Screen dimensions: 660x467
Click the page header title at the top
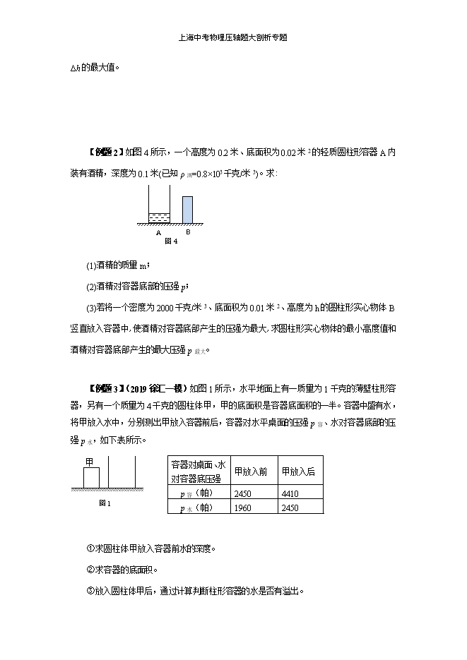(x=233, y=38)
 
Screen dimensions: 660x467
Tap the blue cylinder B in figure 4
(x=187, y=208)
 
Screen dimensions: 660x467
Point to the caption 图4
(x=170, y=241)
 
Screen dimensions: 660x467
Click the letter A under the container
(x=158, y=232)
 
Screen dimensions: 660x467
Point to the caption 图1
(x=104, y=503)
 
